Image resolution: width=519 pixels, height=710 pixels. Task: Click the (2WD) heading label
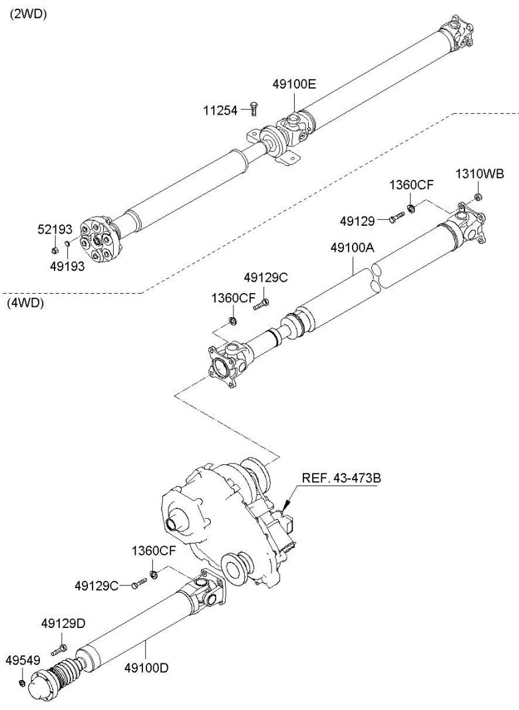[28, 14]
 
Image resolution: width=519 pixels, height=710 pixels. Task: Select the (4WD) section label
[25, 303]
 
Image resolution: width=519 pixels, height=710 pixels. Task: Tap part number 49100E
[293, 83]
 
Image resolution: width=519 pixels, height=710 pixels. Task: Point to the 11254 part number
[220, 110]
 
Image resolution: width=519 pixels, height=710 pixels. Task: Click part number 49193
[67, 266]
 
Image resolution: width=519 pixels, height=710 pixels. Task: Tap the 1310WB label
[479, 174]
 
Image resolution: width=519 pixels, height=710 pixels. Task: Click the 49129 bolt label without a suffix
[357, 221]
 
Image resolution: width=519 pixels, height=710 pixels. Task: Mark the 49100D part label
[146, 667]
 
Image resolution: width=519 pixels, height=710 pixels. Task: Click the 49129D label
[63, 623]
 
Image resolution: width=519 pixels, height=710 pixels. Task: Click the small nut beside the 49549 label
[21, 683]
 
